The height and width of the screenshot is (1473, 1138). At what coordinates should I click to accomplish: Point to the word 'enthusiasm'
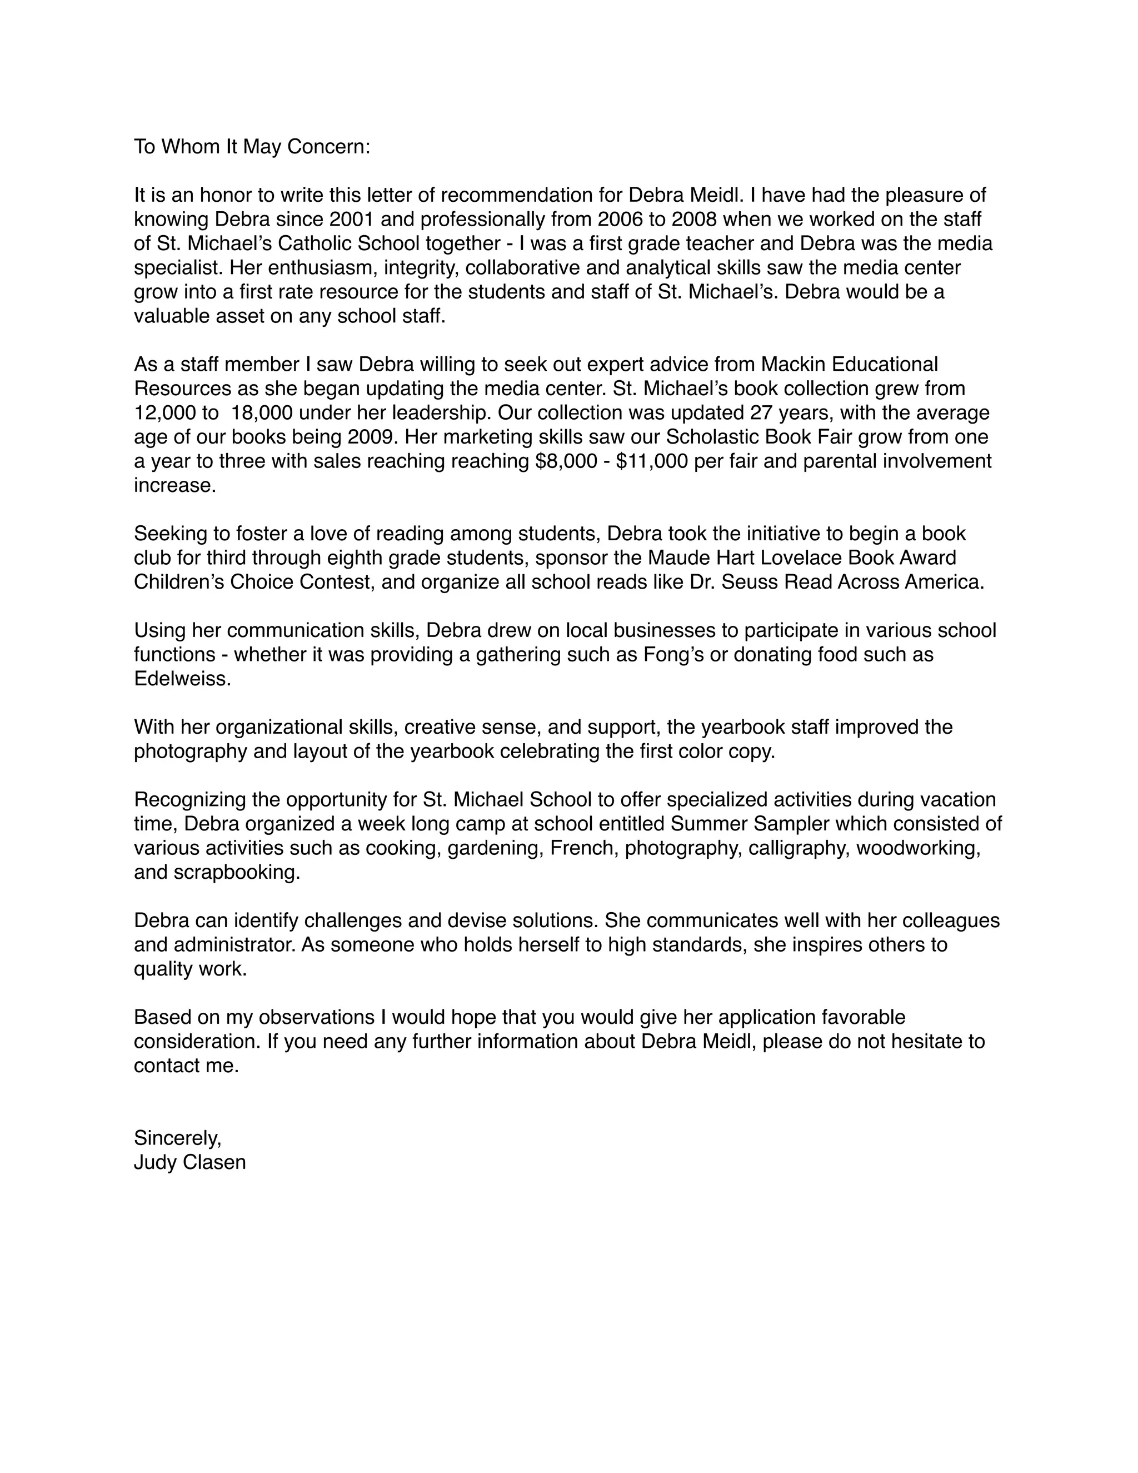(x=323, y=268)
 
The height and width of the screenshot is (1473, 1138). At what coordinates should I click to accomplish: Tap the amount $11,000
(x=651, y=461)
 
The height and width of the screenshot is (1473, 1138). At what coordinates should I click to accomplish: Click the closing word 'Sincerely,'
(x=177, y=1138)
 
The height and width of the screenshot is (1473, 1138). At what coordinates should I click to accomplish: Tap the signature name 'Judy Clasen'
(x=189, y=1162)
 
